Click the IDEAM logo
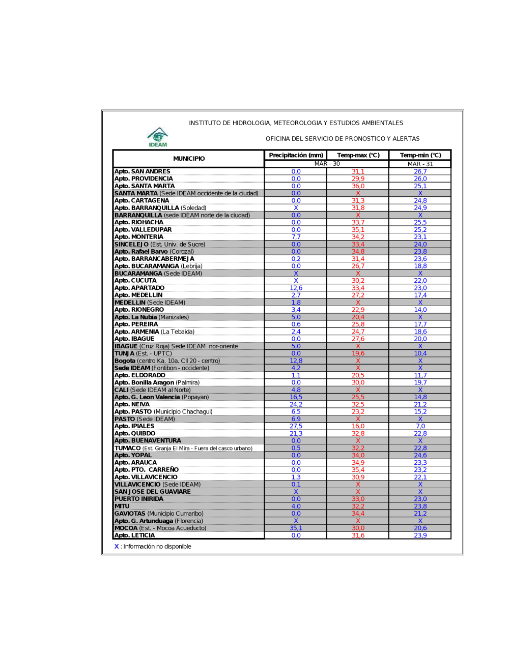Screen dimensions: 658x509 point(158,137)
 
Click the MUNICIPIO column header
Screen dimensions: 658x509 point(189,159)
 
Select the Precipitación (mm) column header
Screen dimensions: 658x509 point(296,155)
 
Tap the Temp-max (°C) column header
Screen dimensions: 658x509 point(358,155)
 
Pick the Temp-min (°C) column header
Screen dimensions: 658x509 point(420,155)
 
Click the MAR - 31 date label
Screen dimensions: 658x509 point(420,164)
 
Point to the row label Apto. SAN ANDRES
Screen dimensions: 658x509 point(142,171)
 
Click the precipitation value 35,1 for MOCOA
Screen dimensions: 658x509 point(296,528)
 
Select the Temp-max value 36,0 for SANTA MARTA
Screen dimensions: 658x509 point(358,186)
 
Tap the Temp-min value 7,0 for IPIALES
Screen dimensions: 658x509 point(420,426)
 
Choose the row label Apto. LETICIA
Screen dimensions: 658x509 point(134,535)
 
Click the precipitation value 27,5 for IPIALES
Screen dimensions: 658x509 point(296,426)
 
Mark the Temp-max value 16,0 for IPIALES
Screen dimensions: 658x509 point(358,426)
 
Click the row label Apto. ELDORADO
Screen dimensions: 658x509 point(139,375)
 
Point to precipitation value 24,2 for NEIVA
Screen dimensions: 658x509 point(296,404)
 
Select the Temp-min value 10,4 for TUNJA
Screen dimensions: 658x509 point(420,353)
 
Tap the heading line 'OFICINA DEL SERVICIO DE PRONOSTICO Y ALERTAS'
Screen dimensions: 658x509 point(343,138)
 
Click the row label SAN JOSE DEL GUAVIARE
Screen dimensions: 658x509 point(152,492)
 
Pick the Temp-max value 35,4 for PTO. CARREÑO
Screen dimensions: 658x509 point(358,470)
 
